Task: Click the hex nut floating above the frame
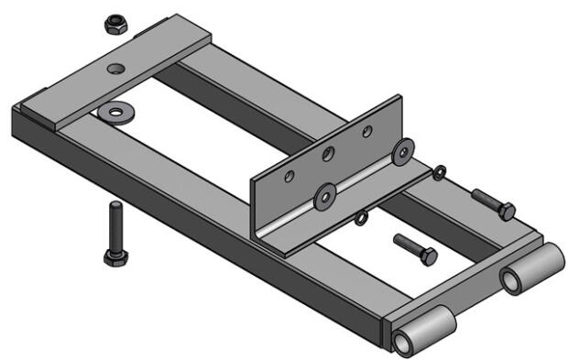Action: (x=115, y=23)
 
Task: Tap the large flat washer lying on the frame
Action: (x=116, y=112)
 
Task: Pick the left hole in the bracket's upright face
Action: (x=289, y=174)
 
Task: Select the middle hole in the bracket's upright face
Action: (x=328, y=152)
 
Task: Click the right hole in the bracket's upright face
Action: (x=366, y=131)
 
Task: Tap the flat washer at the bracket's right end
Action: (x=401, y=153)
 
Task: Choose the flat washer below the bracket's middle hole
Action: (x=325, y=193)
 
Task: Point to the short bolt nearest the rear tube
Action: (x=493, y=202)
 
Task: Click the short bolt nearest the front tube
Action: (x=415, y=248)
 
